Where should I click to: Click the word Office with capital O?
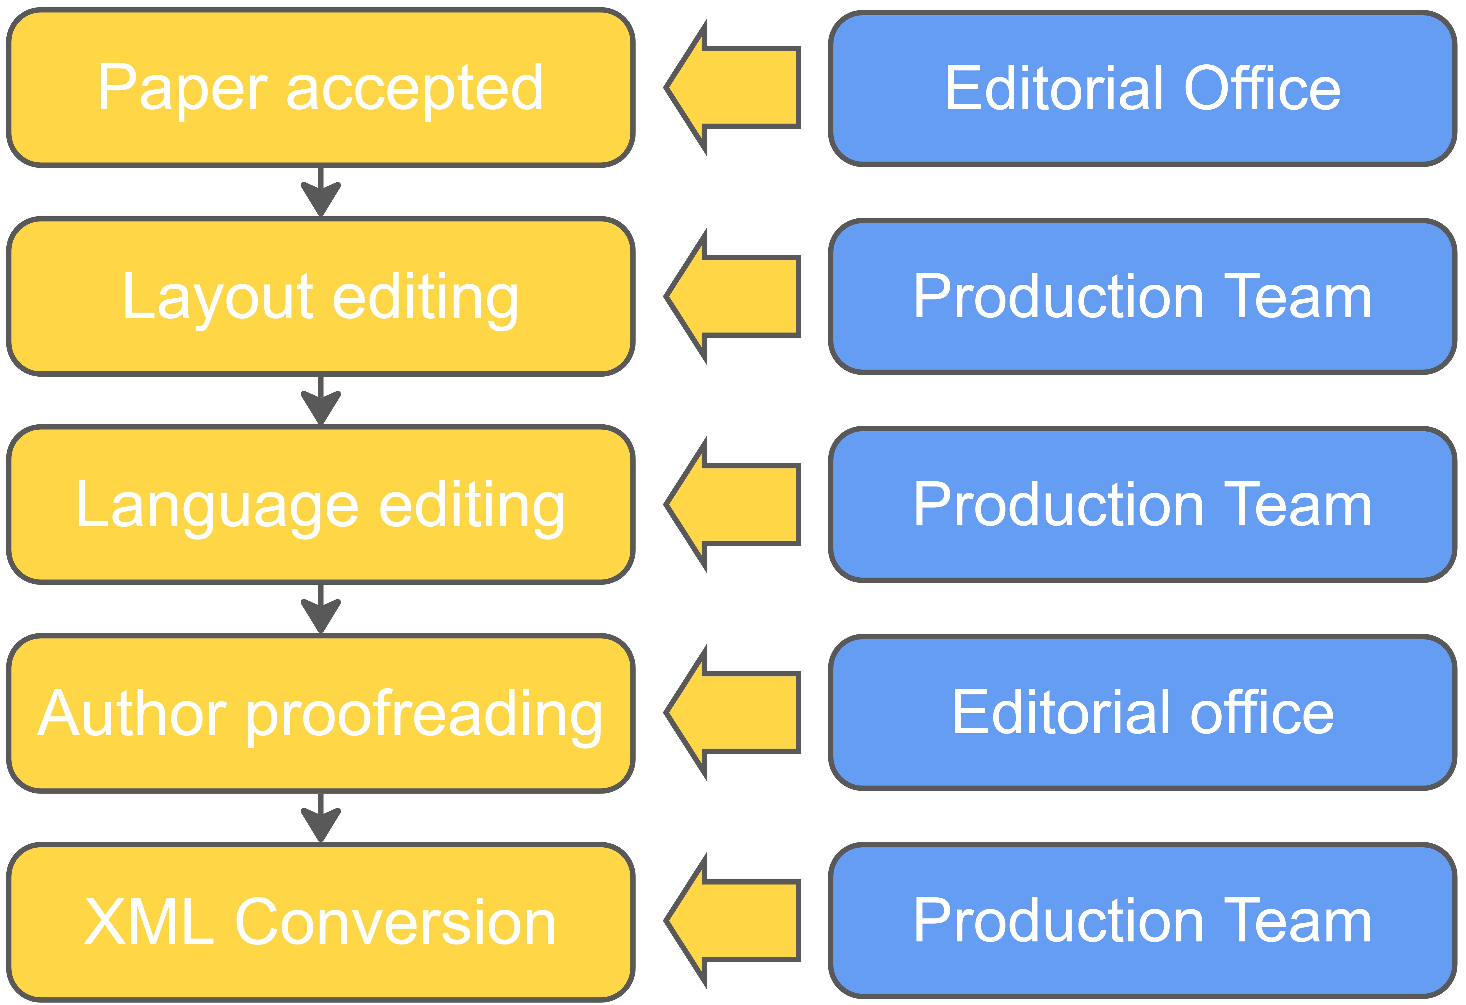(1262, 88)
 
